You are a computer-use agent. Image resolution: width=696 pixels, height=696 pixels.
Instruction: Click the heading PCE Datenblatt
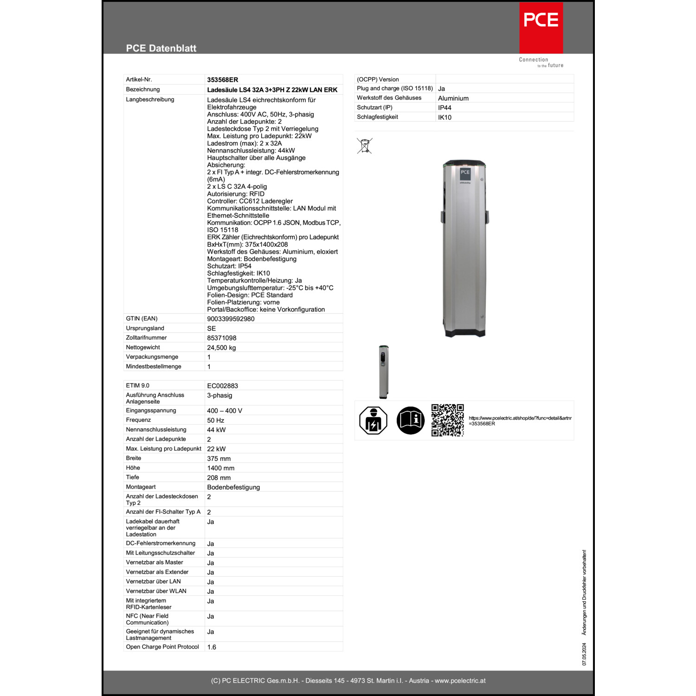point(161,48)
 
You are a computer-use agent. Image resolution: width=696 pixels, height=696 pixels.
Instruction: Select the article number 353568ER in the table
point(223,80)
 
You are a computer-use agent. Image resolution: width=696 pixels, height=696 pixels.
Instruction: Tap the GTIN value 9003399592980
point(231,319)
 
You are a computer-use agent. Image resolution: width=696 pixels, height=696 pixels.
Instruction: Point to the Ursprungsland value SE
point(212,329)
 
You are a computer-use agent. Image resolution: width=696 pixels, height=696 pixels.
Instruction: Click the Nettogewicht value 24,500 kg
point(221,348)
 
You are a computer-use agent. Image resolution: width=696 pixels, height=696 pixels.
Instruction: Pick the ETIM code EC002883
point(222,386)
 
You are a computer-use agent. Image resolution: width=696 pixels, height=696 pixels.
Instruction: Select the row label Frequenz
point(138,420)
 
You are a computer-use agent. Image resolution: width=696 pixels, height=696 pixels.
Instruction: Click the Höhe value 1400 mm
point(221,468)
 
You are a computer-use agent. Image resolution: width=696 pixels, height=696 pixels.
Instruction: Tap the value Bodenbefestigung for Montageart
point(233,487)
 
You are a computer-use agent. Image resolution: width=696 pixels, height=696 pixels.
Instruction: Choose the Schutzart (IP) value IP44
point(445,108)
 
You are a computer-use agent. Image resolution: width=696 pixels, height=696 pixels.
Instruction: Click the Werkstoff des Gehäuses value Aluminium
point(453,98)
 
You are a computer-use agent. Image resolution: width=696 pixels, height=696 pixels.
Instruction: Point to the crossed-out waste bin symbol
point(365,146)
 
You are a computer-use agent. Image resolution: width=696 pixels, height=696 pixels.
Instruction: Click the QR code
point(447,420)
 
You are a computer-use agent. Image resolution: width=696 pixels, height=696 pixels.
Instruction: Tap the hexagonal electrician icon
point(373,420)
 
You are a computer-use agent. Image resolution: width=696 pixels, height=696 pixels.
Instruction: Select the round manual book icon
point(410,420)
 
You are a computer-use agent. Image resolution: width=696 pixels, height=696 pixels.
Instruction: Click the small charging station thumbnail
point(383,372)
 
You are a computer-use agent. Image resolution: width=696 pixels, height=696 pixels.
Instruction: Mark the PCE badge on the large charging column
point(465,173)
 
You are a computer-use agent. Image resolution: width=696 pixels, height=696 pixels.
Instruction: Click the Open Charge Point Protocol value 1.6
point(212,647)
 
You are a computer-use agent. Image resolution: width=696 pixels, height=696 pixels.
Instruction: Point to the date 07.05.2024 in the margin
point(584,654)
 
